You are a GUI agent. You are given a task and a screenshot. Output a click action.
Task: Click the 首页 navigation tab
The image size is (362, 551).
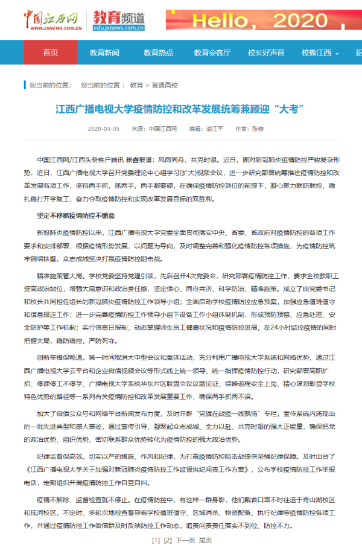point(51,53)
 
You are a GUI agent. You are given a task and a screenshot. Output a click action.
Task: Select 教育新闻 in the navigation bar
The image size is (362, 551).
point(104,53)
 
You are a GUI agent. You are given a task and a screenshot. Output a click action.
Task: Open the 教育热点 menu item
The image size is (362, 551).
point(157,53)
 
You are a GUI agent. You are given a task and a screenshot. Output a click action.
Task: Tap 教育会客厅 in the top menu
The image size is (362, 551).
point(212,53)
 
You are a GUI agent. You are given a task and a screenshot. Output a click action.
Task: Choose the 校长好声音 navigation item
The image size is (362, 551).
point(266,53)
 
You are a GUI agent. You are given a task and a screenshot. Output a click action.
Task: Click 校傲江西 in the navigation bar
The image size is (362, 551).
point(317,53)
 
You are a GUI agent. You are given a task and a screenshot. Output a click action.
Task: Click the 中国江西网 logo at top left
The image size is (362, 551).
point(53,20)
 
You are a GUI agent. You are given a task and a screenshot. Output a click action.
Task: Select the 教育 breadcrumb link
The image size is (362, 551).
point(136,85)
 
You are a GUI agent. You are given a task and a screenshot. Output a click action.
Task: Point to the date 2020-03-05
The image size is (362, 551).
point(104,129)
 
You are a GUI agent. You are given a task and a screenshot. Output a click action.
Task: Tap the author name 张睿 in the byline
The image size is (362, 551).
point(258,129)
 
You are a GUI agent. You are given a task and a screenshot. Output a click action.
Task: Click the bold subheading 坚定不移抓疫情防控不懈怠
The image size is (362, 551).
point(75,215)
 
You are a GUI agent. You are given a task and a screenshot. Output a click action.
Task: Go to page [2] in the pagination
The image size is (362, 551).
point(168,540)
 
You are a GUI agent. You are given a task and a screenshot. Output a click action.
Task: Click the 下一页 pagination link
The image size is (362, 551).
point(185,540)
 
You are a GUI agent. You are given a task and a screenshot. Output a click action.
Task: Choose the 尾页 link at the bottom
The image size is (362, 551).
point(206,540)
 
